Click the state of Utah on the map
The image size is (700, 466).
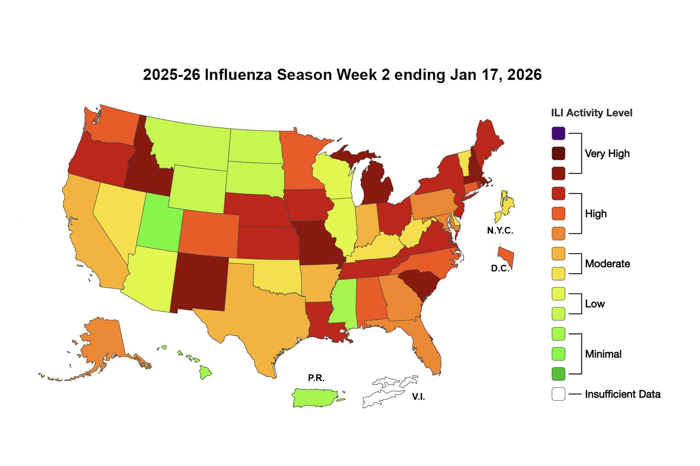(x=158, y=224)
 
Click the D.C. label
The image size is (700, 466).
(x=500, y=269)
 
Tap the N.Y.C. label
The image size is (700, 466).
(x=500, y=230)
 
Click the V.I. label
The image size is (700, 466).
(x=418, y=397)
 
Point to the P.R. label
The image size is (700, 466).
(x=316, y=378)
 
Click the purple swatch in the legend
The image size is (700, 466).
(x=558, y=133)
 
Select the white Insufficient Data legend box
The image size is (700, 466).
(x=558, y=394)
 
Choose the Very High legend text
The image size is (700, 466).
(x=607, y=154)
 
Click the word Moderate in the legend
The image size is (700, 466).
(x=607, y=264)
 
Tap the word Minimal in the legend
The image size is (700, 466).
(x=603, y=354)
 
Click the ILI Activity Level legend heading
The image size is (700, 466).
(x=591, y=113)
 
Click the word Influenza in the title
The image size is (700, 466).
(x=238, y=74)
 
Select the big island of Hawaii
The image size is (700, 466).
(x=205, y=372)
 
